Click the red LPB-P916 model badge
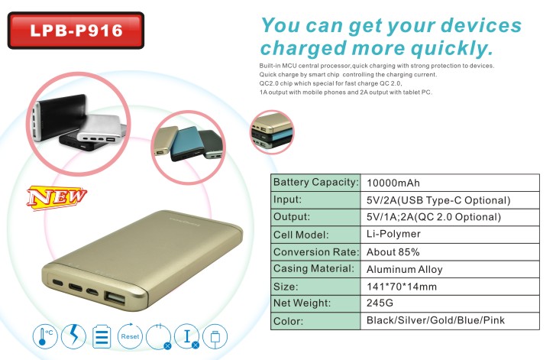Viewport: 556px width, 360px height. pos(76,31)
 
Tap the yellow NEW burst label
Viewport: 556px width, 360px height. pos(57,197)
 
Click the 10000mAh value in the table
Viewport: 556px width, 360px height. pos(393,183)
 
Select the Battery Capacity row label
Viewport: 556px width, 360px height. pos(315,182)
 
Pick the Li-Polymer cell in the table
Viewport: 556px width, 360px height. pos(393,234)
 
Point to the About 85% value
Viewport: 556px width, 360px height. pos(393,251)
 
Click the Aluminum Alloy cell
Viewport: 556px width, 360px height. pos(404,270)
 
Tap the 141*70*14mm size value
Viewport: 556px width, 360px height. pos(402,287)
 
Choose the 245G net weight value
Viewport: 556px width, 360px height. pos(380,303)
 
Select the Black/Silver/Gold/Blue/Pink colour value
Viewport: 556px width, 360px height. pos(435,320)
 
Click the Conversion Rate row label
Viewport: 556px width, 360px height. pos(316,251)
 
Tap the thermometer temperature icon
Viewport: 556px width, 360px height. pos(45,336)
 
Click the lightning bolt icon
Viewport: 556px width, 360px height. pos(73,336)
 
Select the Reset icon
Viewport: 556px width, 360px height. pos(130,336)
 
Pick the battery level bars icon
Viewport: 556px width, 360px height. pos(102,336)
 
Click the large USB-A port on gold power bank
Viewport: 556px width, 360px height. pos(115,298)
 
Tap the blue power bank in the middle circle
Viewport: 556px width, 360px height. pos(186,143)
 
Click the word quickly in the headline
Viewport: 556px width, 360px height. pos(452,48)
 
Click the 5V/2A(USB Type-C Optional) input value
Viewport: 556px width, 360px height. pos(438,200)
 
